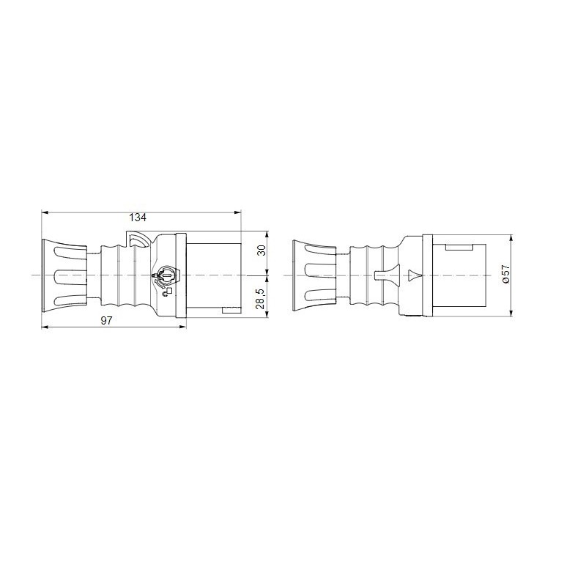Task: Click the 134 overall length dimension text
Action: point(138,218)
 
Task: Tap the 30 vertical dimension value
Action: point(262,253)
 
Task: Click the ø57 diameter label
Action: point(505,274)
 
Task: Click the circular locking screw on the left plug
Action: point(166,276)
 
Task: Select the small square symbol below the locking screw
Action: point(169,291)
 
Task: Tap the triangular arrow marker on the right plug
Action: point(413,276)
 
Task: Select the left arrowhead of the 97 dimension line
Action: point(45,327)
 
